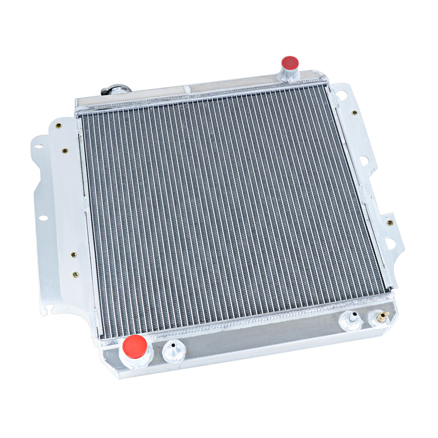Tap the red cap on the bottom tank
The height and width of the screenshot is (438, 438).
point(135,346)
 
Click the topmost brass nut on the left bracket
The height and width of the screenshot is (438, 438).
point(59,126)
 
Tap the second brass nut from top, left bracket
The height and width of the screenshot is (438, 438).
point(65,151)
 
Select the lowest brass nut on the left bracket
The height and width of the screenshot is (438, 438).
point(75,274)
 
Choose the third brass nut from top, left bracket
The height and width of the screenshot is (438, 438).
point(74,255)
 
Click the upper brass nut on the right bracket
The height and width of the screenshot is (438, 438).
point(354,113)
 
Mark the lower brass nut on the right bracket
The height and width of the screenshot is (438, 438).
point(390,223)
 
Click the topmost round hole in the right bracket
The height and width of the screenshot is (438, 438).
point(342,95)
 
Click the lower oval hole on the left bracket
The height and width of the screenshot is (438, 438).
point(43,218)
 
